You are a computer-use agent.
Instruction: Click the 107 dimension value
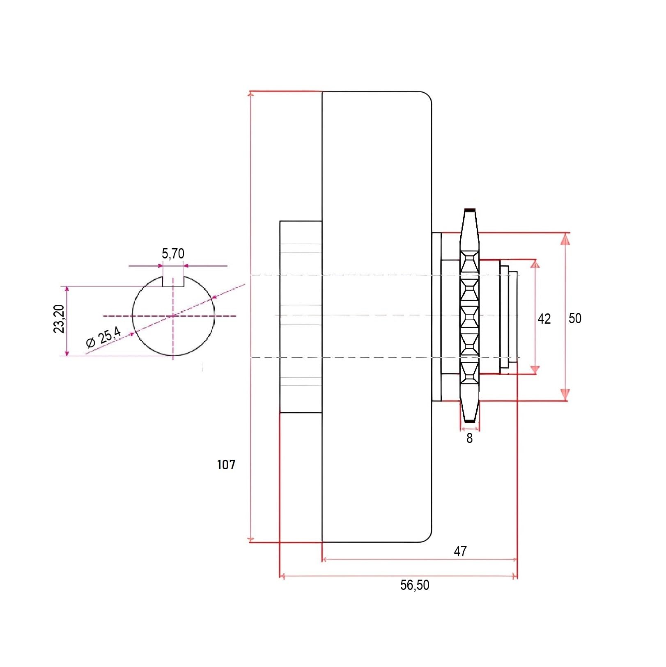(226, 465)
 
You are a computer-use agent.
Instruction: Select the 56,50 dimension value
(415, 585)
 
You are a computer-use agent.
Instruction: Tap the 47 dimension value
(460, 551)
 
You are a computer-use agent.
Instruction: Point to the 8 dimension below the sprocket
(469, 439)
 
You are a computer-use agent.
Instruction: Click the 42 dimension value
(544, 319)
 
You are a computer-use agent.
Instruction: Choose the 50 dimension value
(575, 318)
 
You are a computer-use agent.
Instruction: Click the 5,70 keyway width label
(173, 254)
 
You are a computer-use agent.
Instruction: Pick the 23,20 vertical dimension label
(60, 319)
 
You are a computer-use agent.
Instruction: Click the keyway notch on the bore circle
(173, 282)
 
